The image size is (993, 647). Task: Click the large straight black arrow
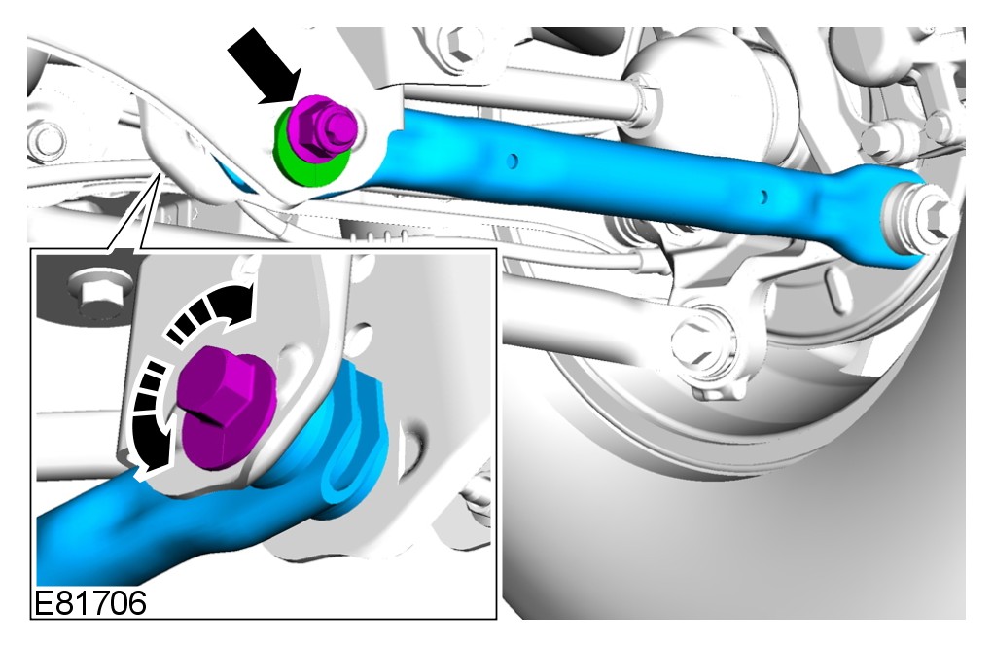coord(263,65)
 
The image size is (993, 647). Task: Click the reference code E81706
coord(89,602)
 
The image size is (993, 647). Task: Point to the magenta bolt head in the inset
coord(226,407)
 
